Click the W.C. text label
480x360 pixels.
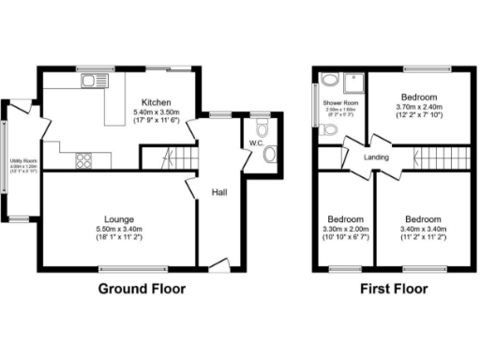(x=255, y=142)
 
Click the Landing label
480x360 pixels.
(x=377, y=157)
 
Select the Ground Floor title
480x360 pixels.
(x=142, y=289)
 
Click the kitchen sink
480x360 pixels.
(x=93, y=82)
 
